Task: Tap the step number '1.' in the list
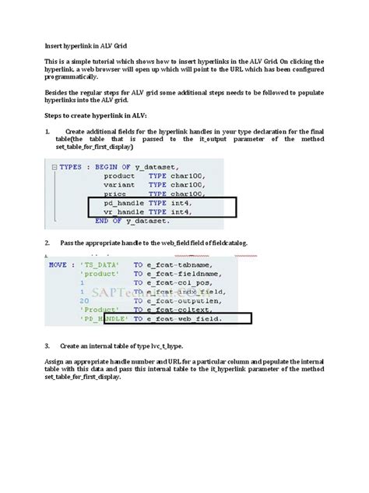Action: pyautogui.click(x=47, y=131)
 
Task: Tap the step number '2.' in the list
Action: pyautogui.click(x=47, y=243)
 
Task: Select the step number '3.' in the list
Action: pyautogui.click(x=47, y=345)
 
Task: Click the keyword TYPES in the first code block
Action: pyautogui.click(x=75, y=167)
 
